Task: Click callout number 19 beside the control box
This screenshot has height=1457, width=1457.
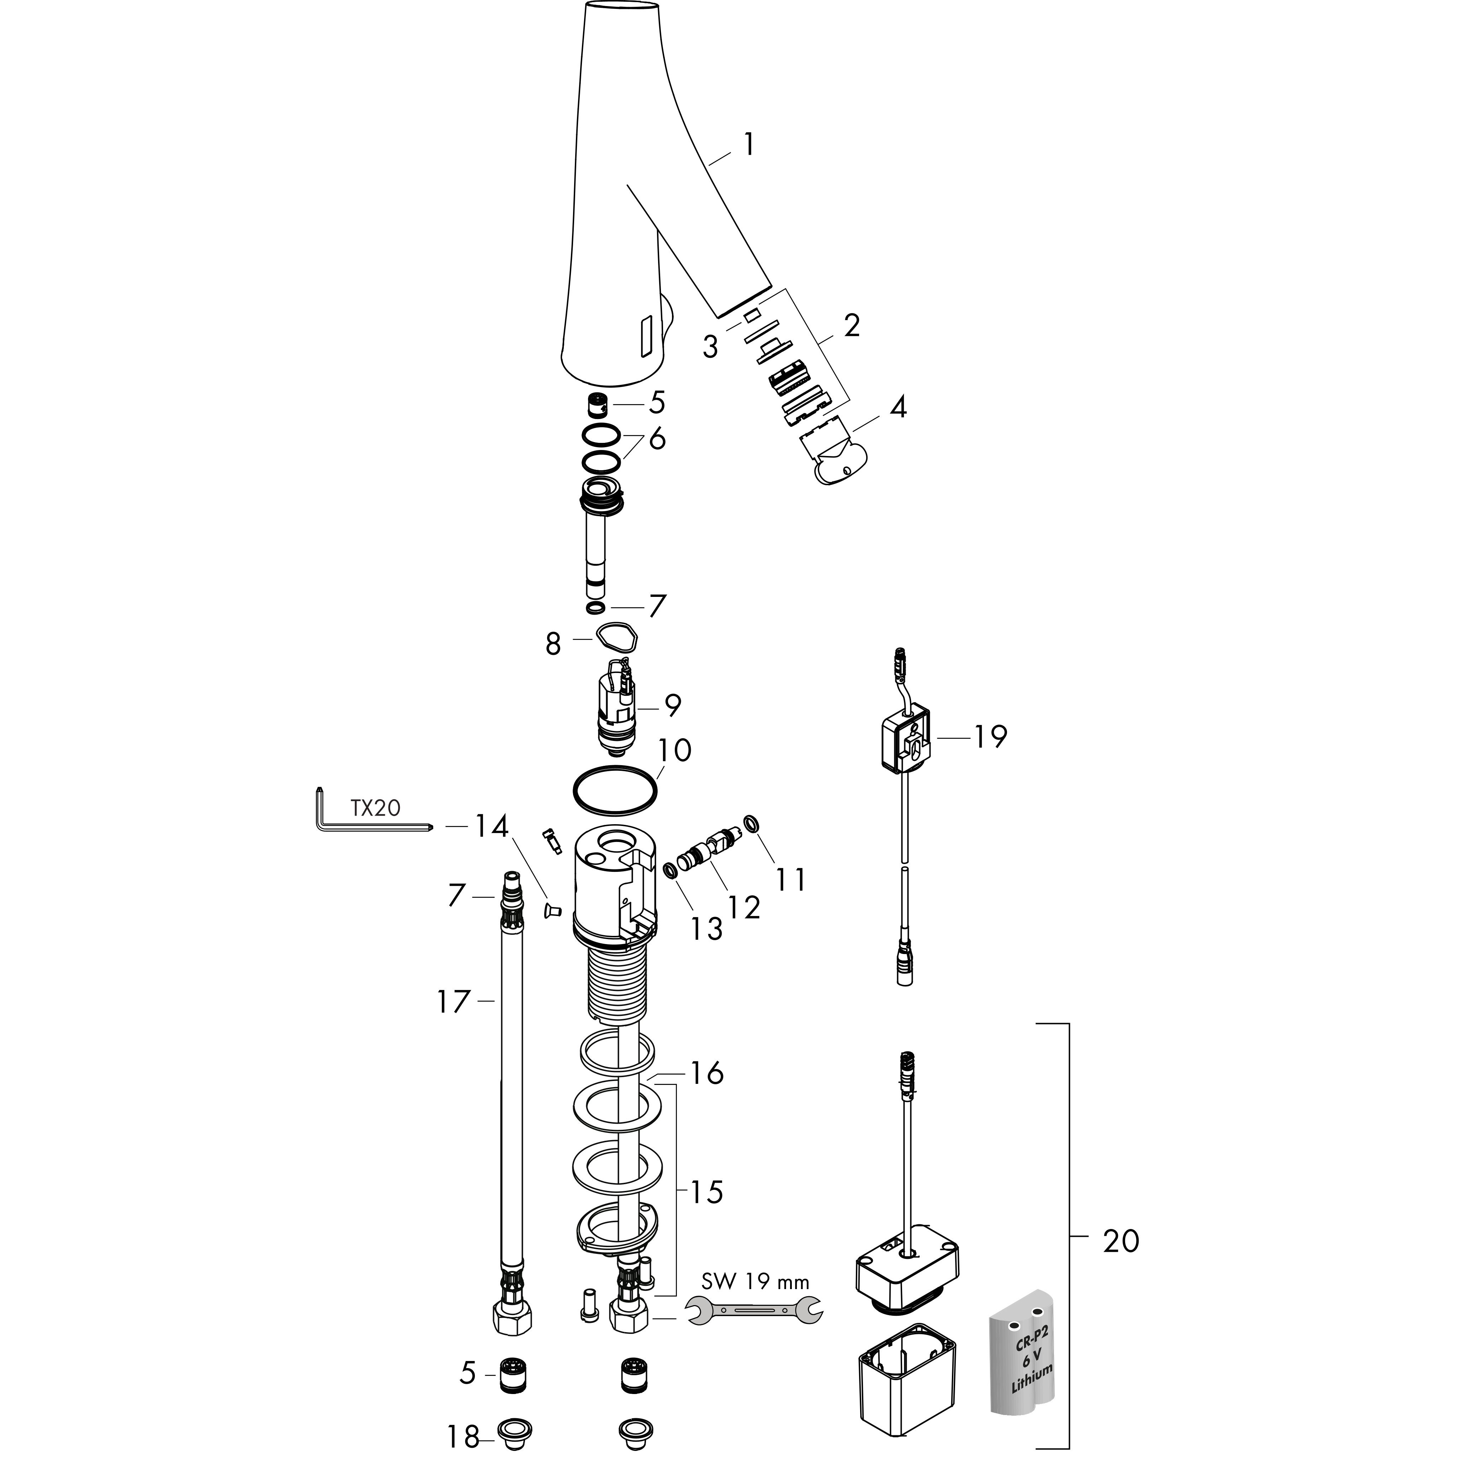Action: click(x=990, y=737)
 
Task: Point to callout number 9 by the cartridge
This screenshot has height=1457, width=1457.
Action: click(x=672, y=705)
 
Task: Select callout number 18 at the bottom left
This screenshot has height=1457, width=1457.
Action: click(x=462, y=1437)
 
